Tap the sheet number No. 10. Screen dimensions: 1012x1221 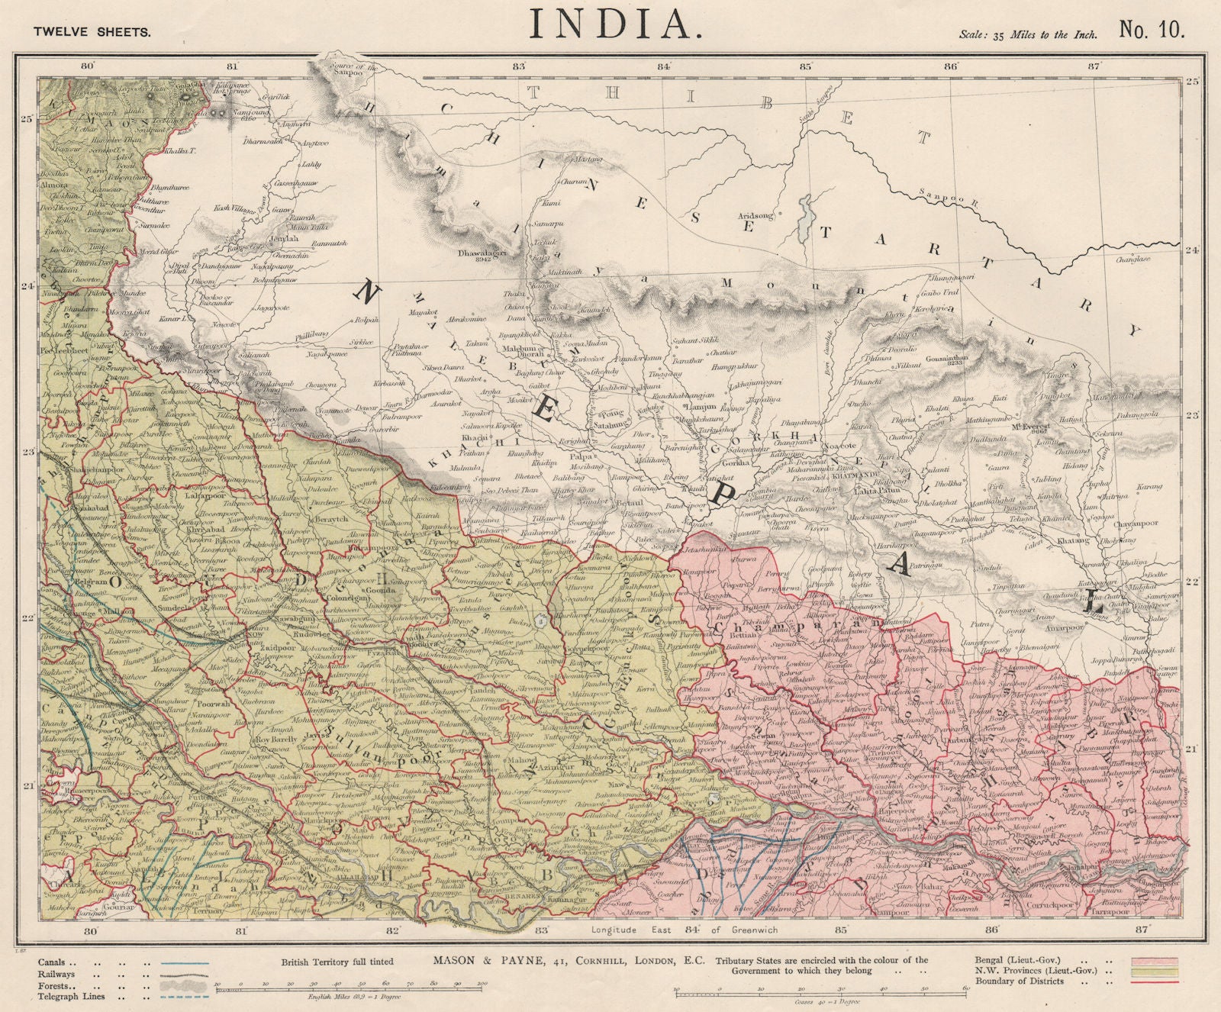(x=1151, y=29)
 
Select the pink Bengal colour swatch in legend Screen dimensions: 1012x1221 (x=1157, y=960)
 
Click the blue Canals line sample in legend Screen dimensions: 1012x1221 (x=183, y=962)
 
